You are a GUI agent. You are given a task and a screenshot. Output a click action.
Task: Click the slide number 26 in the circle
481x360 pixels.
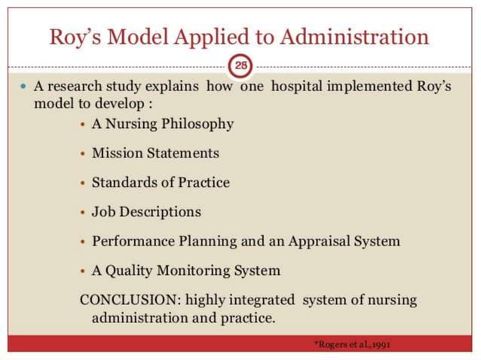coord(240,66)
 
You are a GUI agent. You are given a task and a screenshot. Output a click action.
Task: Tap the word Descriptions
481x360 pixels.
coord(161,212)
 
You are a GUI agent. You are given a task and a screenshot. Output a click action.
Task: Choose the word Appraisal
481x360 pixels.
coord(329,241)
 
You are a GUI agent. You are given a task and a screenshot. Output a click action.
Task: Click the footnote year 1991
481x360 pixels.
coord(381,344)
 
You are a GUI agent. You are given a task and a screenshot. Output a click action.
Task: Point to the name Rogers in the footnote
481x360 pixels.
coord(330,344)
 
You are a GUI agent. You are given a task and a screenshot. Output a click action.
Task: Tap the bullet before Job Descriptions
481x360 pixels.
coord(83,212)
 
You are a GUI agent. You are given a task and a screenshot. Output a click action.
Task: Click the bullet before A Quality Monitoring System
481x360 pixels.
coord(83,271)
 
